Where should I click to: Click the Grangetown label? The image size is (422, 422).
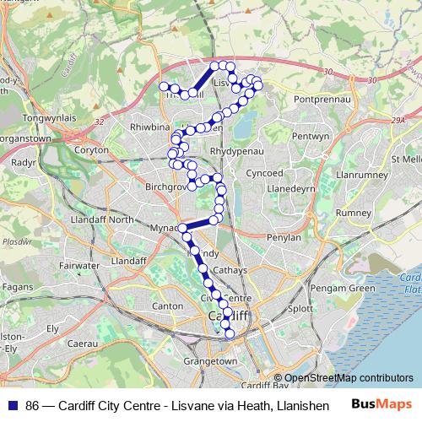[210, 361]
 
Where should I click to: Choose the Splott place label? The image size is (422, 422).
[300, 310]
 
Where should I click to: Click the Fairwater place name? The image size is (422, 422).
[80, 265]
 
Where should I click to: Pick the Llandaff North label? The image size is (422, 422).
[103, 219]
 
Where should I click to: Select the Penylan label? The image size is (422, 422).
[284, 237]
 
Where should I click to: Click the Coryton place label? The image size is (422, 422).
[91, 149]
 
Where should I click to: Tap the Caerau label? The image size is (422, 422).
[83, 344]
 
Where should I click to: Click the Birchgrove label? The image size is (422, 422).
[165, 186]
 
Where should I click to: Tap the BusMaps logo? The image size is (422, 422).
[381, 405]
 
